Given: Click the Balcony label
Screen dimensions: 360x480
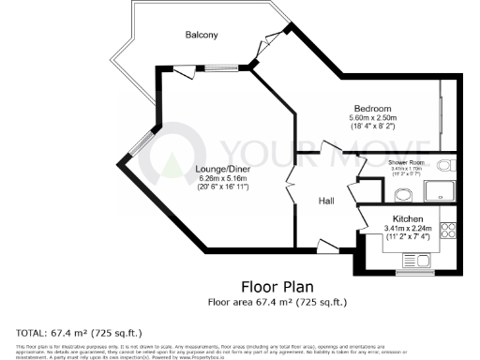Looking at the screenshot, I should pyautogui.click(x=201, y=35).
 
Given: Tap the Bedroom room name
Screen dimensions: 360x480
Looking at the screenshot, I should pyautogui.click(x=372, y=108).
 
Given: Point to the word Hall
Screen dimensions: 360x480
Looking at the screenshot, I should pyautogui.click(x=326, y=201).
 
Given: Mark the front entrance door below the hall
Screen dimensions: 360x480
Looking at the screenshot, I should pyautogui.click(x=328, y=245).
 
